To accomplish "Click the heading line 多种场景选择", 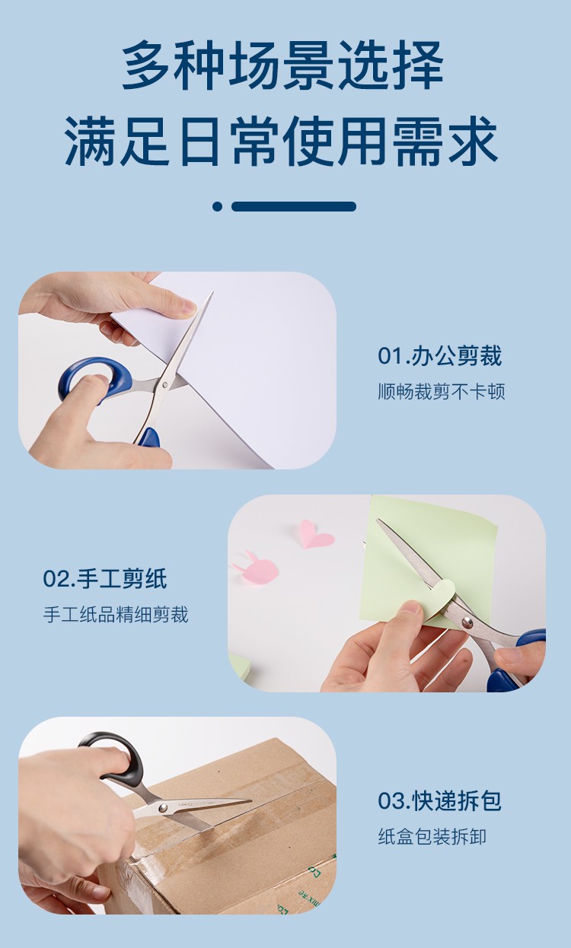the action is [283, 65].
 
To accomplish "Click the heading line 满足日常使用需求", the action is [281, 142].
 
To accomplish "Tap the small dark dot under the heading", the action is [217, 206].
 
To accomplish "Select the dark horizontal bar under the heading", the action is [294, 206].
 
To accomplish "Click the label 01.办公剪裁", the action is [440, 355].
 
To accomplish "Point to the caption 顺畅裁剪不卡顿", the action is [442, 392].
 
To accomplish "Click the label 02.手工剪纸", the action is [105, 578].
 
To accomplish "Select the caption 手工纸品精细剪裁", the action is [116, 615].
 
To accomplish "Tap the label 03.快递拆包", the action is [440, 800].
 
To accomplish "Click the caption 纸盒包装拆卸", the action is [432, 837].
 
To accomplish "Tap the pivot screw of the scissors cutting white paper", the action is [165, 385].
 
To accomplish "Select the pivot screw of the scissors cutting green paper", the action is [467, 622].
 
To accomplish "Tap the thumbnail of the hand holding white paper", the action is [177, 371].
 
